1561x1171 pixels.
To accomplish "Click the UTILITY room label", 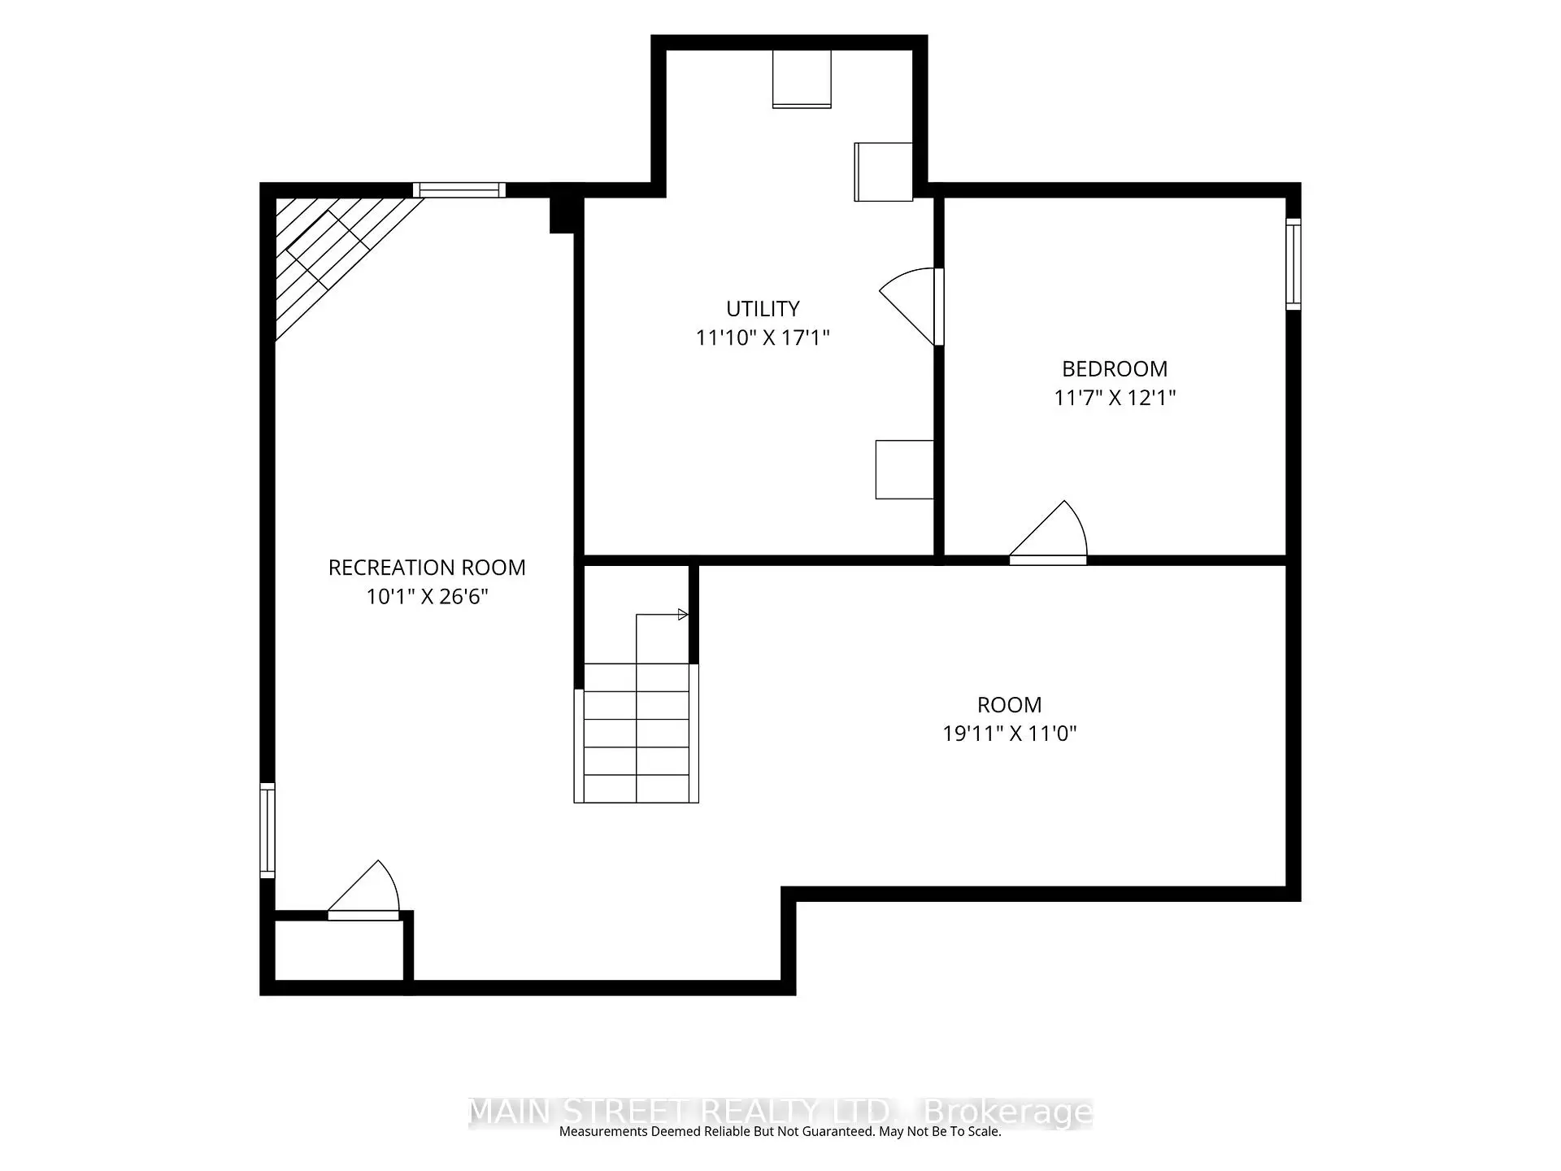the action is pos(763,309).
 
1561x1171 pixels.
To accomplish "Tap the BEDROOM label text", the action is pos(1115,369).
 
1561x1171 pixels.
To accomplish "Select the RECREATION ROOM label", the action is pos(427,568).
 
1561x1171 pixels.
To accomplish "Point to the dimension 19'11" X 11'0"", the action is pos(1009,734).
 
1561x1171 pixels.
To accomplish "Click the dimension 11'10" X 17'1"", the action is pos(763,337).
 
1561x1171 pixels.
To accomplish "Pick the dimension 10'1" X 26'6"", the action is pos(427,596).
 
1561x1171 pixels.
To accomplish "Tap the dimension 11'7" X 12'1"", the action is pos(1115,398).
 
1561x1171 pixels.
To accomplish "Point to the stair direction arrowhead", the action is pos(683,615).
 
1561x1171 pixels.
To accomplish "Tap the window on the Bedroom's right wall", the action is pos(1293,263).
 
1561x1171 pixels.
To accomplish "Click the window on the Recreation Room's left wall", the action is pos(267,829).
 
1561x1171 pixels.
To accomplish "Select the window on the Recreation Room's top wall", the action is pos(459,190).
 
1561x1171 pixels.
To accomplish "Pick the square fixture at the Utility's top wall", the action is pos(802,79).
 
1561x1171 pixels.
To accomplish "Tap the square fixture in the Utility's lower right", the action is pos(904,469).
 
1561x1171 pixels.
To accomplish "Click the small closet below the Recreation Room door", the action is pos(340,950).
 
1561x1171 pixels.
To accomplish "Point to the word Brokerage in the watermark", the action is pos(1009,1112).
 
